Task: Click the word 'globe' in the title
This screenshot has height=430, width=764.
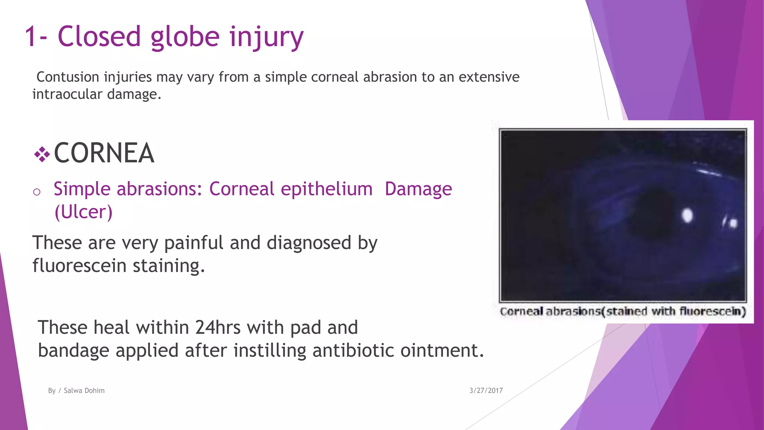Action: tap(185, 37)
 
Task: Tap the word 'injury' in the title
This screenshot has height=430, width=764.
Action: tap(266, 37)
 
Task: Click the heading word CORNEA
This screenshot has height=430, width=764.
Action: tap(104, 153)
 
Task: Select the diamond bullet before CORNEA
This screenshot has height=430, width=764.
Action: tap(42, 154)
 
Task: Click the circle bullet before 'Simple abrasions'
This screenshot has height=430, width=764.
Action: tap(37, 192)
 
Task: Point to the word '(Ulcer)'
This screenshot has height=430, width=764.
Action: tap(83, 212)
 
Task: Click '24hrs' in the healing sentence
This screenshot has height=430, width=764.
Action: tap(218, 327)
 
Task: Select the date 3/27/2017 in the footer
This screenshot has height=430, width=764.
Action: tap(486, 390)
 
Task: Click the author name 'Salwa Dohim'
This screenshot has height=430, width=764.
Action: tap(84, 390)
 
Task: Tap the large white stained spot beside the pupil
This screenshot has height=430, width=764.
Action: tap(687, 215)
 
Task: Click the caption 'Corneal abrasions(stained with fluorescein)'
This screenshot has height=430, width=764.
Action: tap(623, 311)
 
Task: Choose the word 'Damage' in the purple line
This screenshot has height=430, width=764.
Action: tap(418, 189)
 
